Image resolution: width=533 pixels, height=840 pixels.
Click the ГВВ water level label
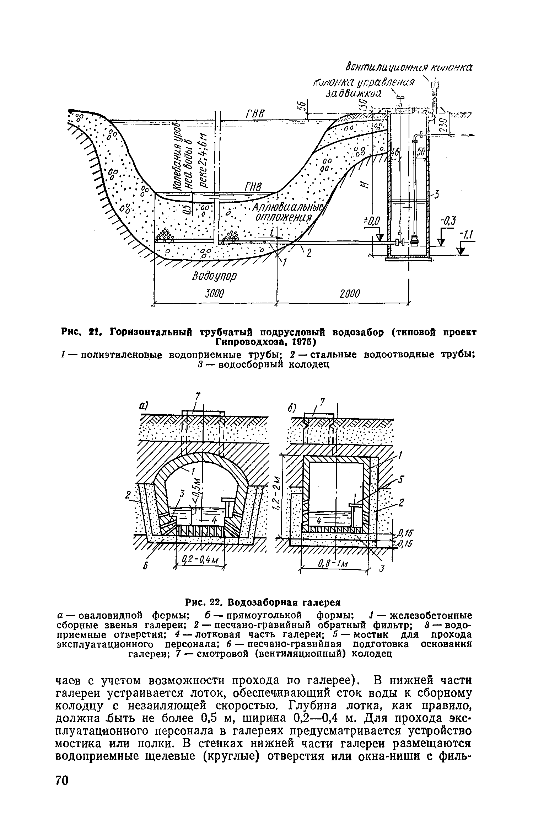[x=254, y=115]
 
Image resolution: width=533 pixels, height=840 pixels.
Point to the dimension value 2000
[x=350, y=294]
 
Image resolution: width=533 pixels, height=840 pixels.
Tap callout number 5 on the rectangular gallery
[x=401, y=479]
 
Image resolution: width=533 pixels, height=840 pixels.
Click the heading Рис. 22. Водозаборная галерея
[x=263, y=603]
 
